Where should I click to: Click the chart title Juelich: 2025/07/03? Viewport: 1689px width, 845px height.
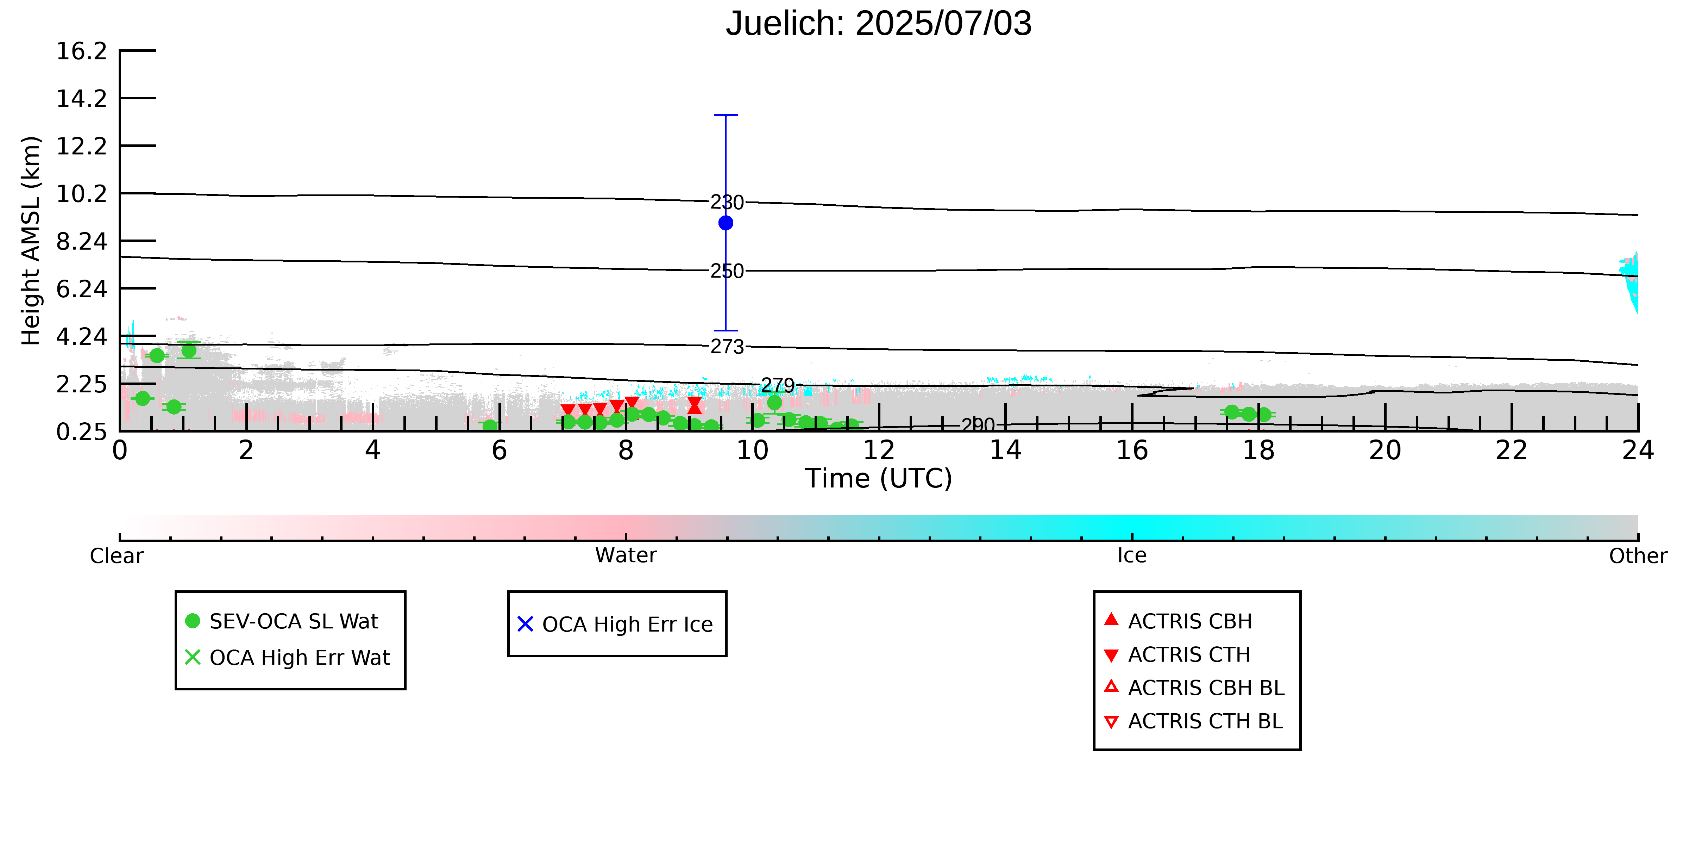click(x=879, y=24)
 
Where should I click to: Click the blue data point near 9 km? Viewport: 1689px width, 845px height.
click(x=726, y=223)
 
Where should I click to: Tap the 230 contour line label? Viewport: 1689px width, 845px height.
click(x=727, y=202)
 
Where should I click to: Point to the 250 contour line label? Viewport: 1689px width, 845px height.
click(x=727, y=271)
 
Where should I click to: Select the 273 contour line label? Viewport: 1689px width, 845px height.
click(x=727, y=346)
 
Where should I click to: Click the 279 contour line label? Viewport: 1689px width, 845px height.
click(x=778, y=385)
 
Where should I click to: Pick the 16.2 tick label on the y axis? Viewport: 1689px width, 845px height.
click(x=81, y=50)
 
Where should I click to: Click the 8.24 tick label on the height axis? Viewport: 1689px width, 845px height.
click(x=81, y=241)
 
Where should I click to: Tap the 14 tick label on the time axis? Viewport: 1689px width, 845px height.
click(x=1005, y=451)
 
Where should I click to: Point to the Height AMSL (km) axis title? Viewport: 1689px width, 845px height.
click(x=31, y=241)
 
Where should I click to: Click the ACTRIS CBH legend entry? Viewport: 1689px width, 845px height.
click(x=1178, y=621)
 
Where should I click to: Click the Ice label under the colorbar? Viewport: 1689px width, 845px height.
click(x=1132, y=556)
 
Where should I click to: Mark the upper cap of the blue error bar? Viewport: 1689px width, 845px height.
click(x=726, y=115)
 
